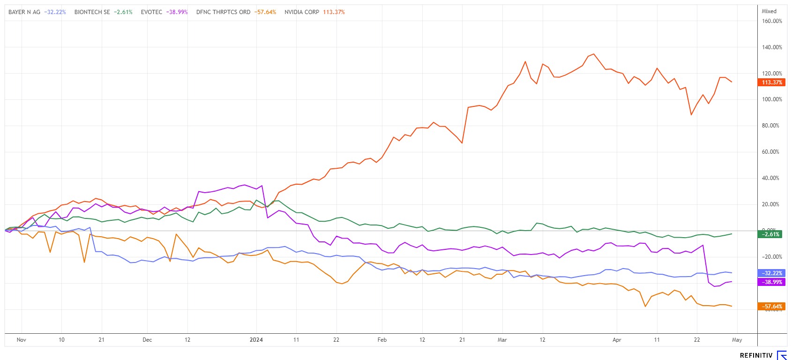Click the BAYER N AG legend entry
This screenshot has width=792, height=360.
(x=24, y=12)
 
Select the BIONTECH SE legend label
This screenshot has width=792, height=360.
(x=92, y=12)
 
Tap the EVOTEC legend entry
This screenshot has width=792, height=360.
(x=151, y=12)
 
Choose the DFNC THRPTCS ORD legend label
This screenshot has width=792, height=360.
(x=223, y=12)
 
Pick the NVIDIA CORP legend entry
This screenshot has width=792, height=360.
(x=302, y=12)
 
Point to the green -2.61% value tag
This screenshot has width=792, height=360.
(x=770, y=234)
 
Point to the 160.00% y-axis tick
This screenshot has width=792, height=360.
(x=772, y=21)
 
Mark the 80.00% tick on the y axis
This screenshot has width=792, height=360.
(x=772, y=126)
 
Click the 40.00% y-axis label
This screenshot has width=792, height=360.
(x=772, y=178)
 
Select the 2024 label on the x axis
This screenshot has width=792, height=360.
(x=256, y=340)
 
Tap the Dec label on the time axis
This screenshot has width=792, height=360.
(x=147, y=340)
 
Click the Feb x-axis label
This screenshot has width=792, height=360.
(x=382, y=340)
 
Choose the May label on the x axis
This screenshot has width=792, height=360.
(x=737, y=340)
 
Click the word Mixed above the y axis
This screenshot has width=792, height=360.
(x=769, y=11)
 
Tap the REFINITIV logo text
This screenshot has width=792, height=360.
(x=756, y=356)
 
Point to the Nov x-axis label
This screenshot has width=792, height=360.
(x=21, y=340)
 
